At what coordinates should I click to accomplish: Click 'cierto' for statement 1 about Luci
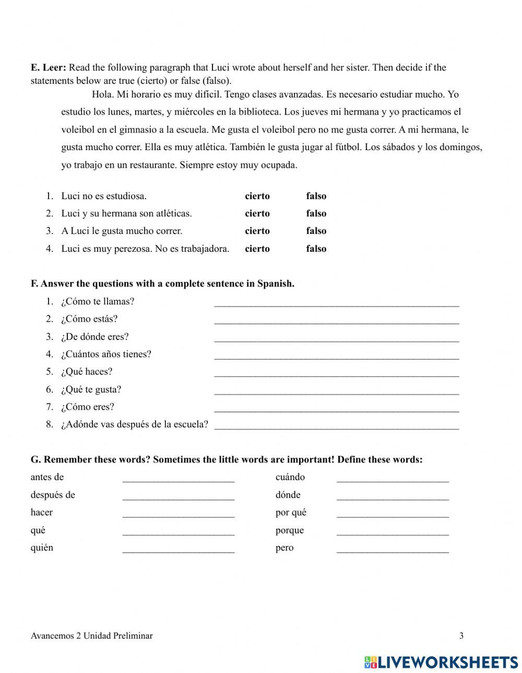(x=257, y=196)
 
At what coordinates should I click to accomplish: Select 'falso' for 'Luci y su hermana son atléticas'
(x=316, y=213)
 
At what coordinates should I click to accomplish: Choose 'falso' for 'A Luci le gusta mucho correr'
(x=316, y=231)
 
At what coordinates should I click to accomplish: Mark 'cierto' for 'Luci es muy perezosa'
(x=257, y=249)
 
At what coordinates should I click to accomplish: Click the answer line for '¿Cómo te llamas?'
(x=336, y=302)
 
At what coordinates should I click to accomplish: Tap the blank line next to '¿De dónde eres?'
(x=336, y=338)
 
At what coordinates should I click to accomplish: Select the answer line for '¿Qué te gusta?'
(x=336, y=390)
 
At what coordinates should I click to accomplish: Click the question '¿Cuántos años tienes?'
(x=106, y=354)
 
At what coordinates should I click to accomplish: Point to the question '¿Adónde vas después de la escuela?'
(x=134, y=424)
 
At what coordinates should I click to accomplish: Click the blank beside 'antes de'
(x=178, y=478)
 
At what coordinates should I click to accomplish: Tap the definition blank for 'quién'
(x=178, y=548)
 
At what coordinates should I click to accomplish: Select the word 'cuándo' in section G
(x=290, y=477)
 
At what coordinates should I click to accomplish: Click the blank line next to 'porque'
(x=392, y=531)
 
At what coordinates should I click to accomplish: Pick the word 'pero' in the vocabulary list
(x=284, y=548)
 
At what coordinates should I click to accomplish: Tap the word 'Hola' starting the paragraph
(x=101, y=94)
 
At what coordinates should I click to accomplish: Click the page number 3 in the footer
(x=461, y=635)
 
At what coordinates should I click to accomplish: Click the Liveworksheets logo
(x=441, y=662)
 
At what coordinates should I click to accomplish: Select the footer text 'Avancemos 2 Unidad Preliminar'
(x=91, y=635)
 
